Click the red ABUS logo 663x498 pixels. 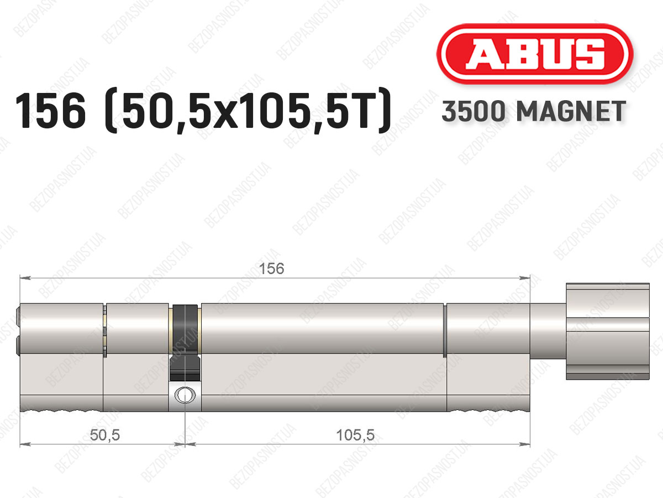(535, 54)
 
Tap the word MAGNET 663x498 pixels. (571, 111)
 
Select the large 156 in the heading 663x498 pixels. (51, 111)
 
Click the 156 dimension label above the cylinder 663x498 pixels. (271, 268)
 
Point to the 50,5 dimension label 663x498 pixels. (105, 435)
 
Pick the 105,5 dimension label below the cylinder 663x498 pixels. (355, 435)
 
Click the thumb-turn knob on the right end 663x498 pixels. (607, 331)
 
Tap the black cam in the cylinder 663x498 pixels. (185, 341)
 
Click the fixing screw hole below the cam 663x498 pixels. (185, 395)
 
